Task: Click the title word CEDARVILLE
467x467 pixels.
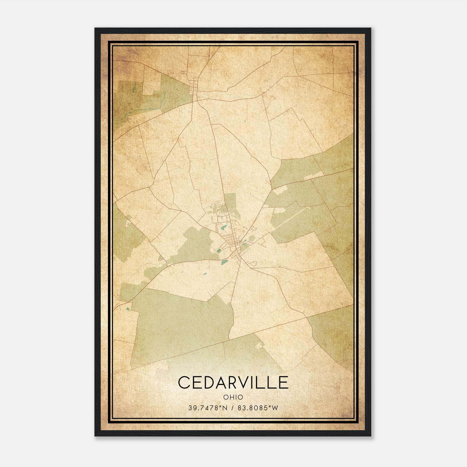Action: point(233,382)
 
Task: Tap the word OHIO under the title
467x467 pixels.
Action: point(233,397)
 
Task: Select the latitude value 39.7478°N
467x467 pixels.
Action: point(208,408)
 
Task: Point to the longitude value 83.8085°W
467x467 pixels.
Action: point(258,408)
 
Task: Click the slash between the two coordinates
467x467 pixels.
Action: point(232,408)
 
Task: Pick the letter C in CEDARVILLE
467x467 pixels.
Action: point(184,382)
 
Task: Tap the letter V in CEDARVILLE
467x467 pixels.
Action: point(245,382)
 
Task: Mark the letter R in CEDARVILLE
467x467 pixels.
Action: point(233,382)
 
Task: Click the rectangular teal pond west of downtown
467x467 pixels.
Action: point(219,250)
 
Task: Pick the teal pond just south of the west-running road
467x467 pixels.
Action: point(224,262)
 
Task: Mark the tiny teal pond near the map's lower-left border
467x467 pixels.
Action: point(128,308)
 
